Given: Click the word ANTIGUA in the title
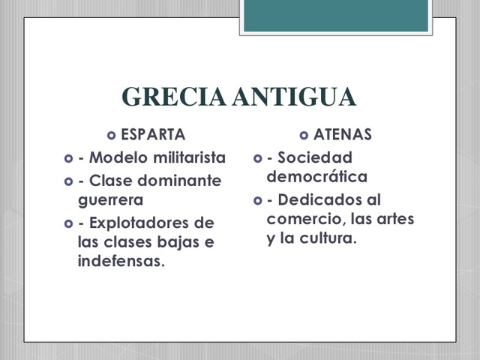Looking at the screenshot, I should click(x=295, y=97).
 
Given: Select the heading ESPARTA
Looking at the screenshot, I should click(x=153, y=136).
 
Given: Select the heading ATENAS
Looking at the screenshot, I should click(x=343, y=136).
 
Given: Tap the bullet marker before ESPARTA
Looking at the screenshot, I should click(x=112, y=136).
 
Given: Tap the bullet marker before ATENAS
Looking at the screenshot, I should click(x=303, y=136).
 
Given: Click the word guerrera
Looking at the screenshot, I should click(x=110, y=200).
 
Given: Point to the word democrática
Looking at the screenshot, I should click(x=316, y=178).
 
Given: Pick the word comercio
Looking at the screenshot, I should click(x=302, y=220).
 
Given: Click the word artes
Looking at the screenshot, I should click(x=396, y=220).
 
